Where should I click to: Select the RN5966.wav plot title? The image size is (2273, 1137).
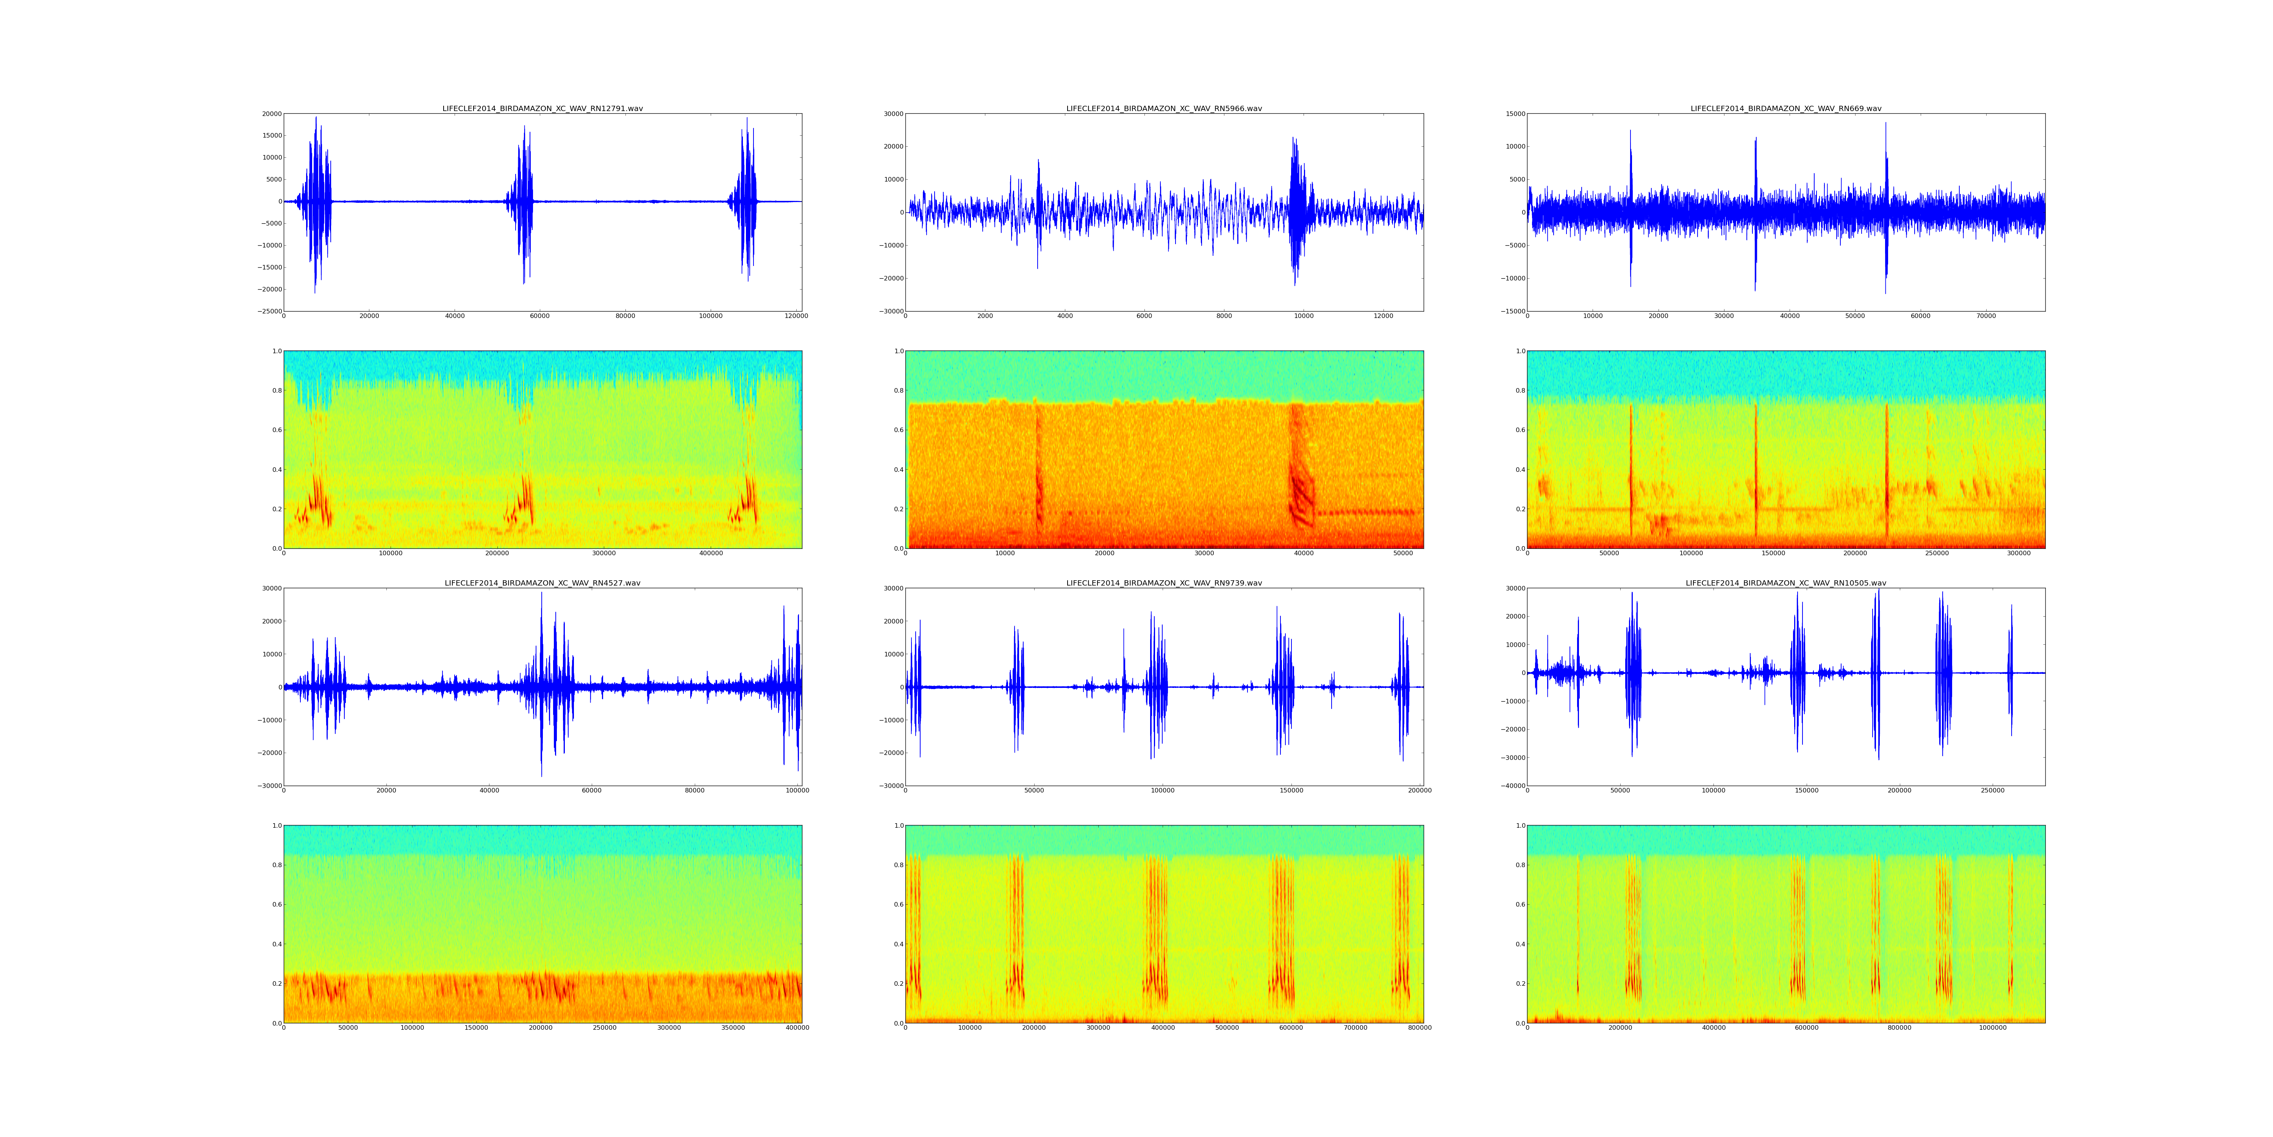pos(1164,108)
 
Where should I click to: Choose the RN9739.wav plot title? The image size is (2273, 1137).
pos(1164,583)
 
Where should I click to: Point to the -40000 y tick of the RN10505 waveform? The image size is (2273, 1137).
pos(1507,786)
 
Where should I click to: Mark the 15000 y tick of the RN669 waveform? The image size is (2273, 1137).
pos(1512,114)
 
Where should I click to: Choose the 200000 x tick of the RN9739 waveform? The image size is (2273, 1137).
pos(1420,790)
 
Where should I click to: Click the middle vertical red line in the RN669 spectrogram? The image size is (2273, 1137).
pos(1756,472)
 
